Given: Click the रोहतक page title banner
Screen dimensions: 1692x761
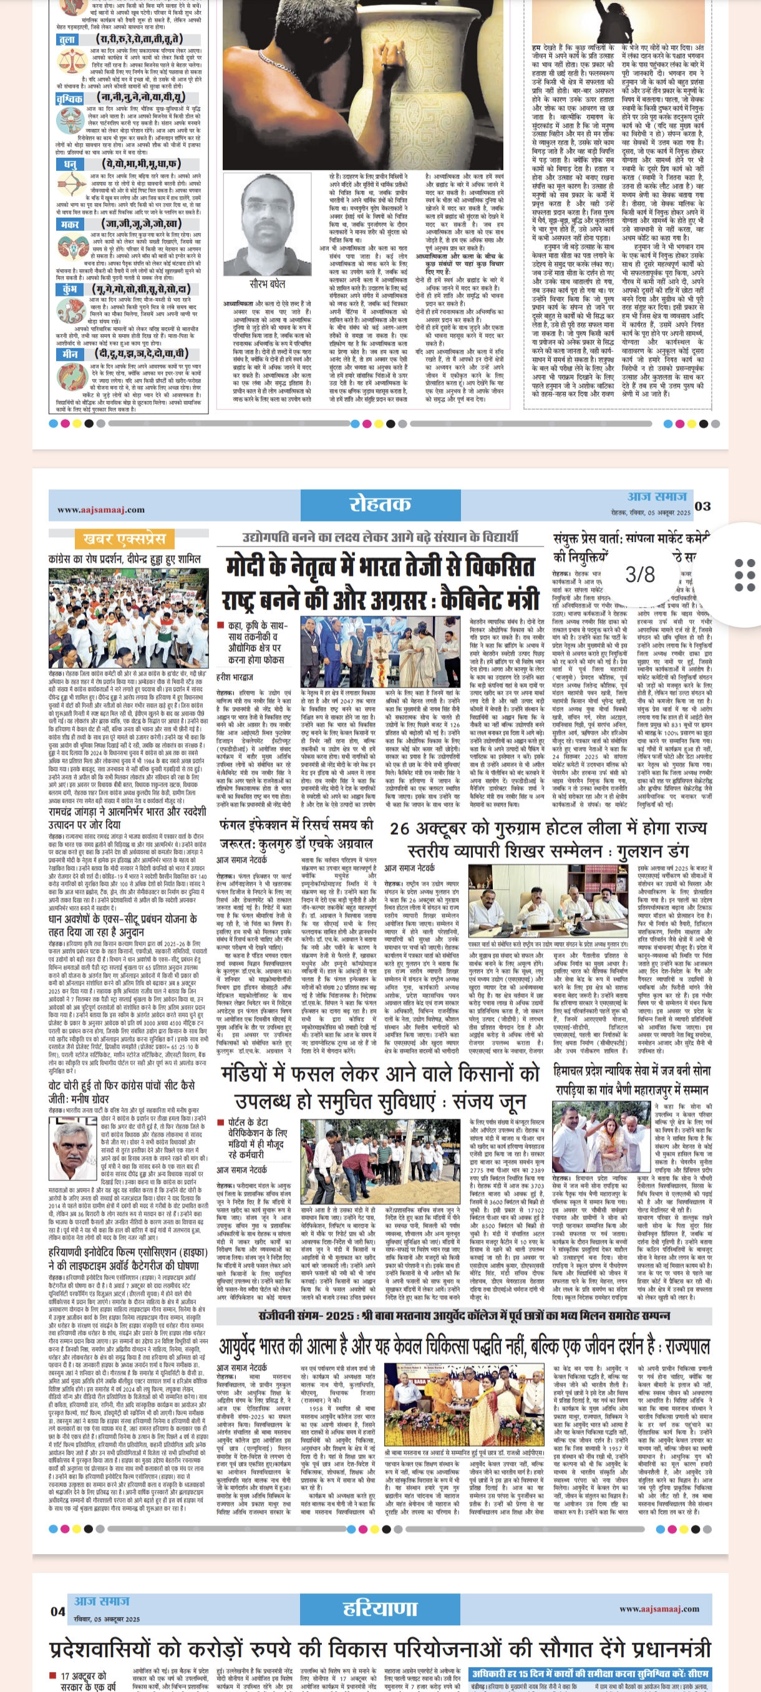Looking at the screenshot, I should click(379, 503).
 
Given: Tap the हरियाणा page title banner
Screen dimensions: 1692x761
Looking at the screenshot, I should click(379, 1607).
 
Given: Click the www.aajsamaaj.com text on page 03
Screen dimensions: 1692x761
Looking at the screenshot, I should click(100, 509).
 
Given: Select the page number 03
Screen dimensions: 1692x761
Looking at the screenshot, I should click(702, 506).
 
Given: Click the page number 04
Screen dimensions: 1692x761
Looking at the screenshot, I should click(58, 1610).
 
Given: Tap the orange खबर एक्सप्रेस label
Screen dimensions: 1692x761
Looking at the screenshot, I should click(124, 539).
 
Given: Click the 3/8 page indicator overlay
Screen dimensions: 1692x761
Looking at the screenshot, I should click(639, 575).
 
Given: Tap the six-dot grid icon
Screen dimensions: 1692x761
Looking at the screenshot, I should click(744, 575).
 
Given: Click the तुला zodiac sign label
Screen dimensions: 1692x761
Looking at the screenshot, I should click(67, 40).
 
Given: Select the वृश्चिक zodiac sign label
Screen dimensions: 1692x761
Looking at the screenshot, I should click(70, 99).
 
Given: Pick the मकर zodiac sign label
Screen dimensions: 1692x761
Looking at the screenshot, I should click(70, 225).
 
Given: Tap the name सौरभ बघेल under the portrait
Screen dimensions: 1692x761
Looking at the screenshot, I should click(268, 284).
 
